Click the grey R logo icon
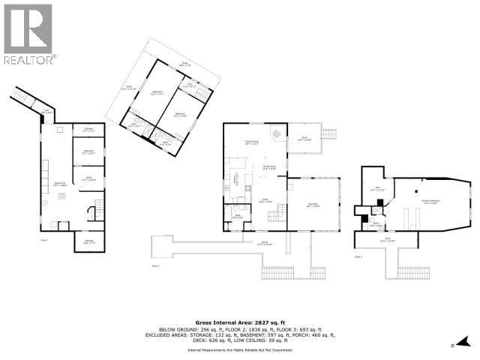click(x=28, y=28)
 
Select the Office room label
click(x=88, y=178)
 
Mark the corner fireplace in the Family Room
click(x=276, y=133)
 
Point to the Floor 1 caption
click(x=44, y=240)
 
